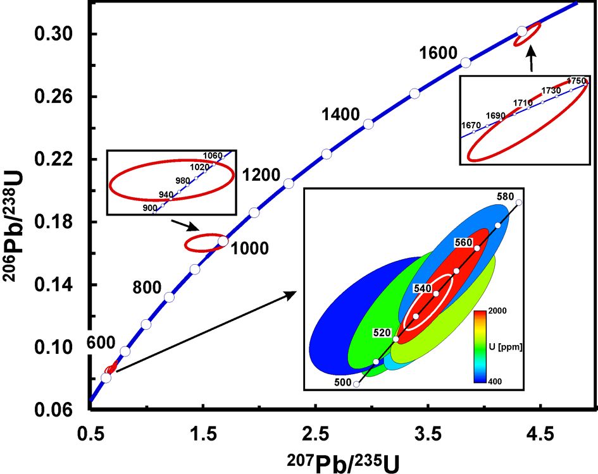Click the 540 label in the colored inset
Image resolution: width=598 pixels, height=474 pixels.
(422, 288)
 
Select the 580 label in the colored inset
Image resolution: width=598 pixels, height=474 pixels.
(505, 197)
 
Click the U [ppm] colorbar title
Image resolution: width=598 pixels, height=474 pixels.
(502, 347)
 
